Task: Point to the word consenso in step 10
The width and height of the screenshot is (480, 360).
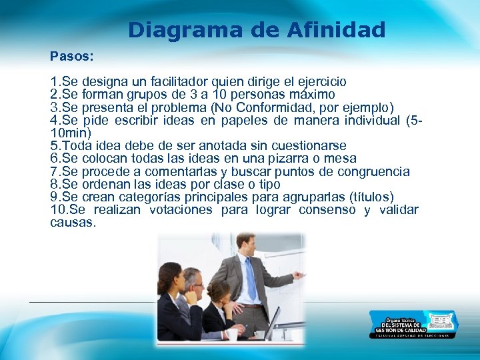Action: click(x=327, y=210)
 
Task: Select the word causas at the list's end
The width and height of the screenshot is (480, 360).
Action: click(x=73, y=223)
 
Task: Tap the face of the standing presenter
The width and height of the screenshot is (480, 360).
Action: click(x=245, y=246)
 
